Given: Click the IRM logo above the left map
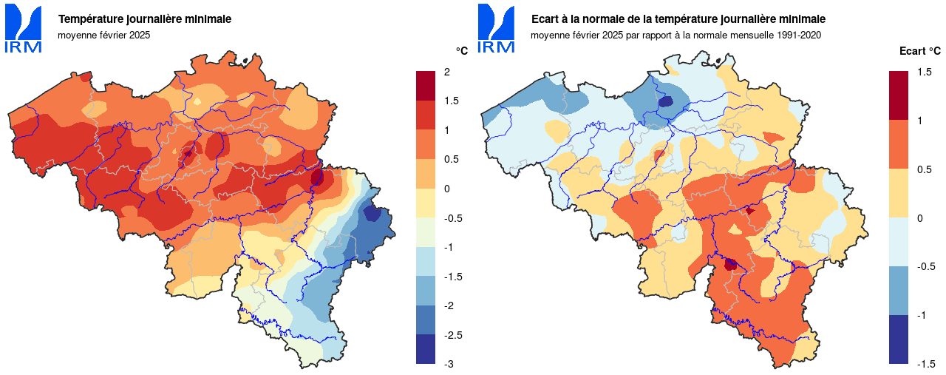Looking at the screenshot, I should pos(24,28).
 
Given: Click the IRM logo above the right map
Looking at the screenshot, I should pos(496,28).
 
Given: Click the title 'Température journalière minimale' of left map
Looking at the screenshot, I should pos(144,19).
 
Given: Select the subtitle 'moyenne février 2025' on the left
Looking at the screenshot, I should pos(103,35).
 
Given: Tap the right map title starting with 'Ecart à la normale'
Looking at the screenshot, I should pos(678,19).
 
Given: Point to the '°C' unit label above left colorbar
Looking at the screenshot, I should pos(461,51).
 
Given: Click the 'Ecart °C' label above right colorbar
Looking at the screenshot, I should pos(919,51).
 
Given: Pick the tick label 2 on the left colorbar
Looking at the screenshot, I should pos(447,72).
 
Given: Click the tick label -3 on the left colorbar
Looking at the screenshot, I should pos(449,364).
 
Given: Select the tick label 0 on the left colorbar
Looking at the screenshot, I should pos(447,189).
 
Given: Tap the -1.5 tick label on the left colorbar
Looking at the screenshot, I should pos(452,277).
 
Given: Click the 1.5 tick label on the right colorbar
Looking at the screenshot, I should pos(924,72).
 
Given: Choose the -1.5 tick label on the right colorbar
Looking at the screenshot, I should pos(925,364).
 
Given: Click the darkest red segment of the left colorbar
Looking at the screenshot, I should pos(426,86).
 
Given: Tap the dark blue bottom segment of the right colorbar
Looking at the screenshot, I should pos(899,339).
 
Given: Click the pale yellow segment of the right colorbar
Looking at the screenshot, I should pos(899,193).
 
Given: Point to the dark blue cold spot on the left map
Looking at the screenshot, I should pos(372,214).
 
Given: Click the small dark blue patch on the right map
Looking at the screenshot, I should pos(665,102).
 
